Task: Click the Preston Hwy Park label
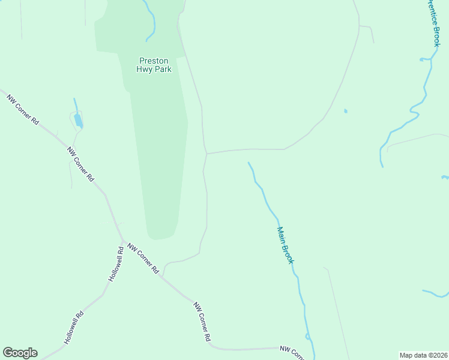155,65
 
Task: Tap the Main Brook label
285,245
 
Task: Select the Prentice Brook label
433,23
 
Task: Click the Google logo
20,353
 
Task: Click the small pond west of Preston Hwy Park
78,121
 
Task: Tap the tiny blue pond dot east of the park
345,111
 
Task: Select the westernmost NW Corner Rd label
23,108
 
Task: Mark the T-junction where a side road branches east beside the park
206,154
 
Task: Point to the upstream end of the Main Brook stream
249,162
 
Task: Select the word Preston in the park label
154,61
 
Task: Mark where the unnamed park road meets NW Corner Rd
163,275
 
